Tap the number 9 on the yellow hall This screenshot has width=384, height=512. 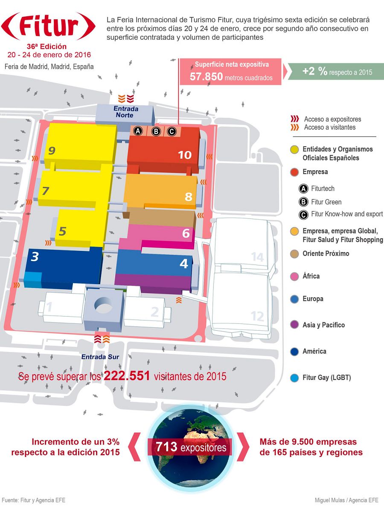[x=52, y=150]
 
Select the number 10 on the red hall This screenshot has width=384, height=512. [x=185, y=154]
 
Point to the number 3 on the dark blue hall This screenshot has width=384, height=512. [x=35, y=256]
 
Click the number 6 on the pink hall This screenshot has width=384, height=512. [x=186, y=233]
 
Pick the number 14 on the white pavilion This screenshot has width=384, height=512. [x=257, y=257]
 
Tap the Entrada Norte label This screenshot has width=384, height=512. [x=124, y=112]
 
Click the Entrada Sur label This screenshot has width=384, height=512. [x=101, y=357]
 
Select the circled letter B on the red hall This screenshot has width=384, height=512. [x=156, y=131]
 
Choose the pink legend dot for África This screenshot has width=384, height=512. [x=294, y=276]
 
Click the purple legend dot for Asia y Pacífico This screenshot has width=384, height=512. [x=294, y=325]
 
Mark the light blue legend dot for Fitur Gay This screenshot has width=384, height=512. [x=294, y=378]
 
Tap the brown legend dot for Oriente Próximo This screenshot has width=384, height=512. [x=294, y=253]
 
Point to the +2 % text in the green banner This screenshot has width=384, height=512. [x=315, y=72]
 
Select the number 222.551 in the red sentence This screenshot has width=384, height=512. [x=127, y=376]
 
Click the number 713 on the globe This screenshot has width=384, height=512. [x=167, y=448]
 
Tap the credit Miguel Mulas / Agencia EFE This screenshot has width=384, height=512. [x=346, y=500]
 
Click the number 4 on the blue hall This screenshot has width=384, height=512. [x=183, y=264]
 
